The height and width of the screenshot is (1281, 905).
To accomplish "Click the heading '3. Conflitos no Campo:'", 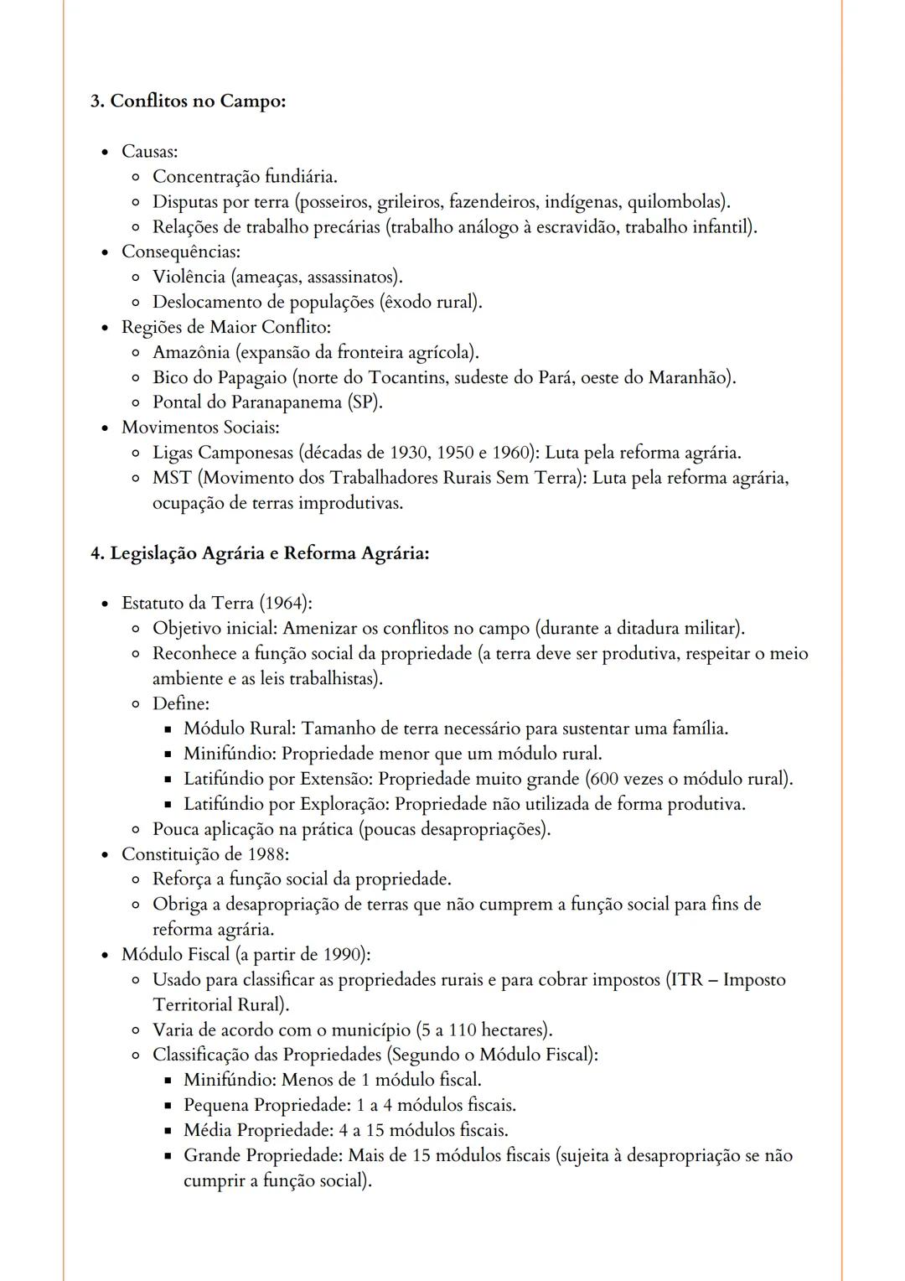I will coord(188,101).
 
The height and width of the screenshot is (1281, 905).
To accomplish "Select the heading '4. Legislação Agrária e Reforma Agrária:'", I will coord(260,553).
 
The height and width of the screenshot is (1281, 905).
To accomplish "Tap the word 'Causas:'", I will coord(149,152).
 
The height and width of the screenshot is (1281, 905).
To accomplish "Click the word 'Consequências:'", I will coord(181,252).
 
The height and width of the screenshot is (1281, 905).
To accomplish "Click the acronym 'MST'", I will coord(172,478).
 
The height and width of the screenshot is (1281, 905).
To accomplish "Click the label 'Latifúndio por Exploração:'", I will coord(287,804).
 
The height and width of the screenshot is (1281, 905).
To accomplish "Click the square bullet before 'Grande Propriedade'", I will coord(168,1156).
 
